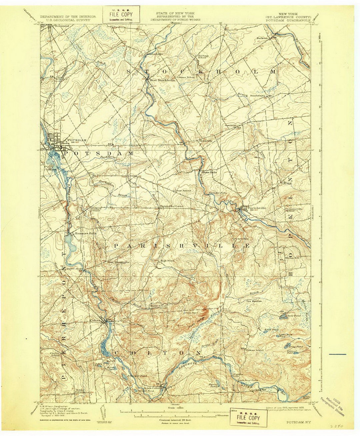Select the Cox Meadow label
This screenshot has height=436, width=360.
click(x=254, y=301)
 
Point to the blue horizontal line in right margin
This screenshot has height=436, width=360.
click(x=337, y=354)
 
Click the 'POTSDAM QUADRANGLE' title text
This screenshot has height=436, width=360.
click(x=289, y=20)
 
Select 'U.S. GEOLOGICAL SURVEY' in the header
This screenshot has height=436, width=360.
click(x=68, y=20)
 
